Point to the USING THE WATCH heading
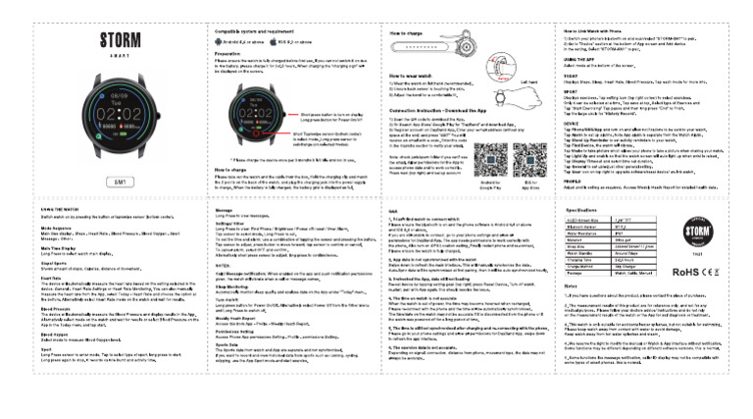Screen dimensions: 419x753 click(x=61, y=211)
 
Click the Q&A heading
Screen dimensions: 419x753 click(x=395, y=211)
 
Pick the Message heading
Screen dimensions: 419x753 click(x=226, y=210)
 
